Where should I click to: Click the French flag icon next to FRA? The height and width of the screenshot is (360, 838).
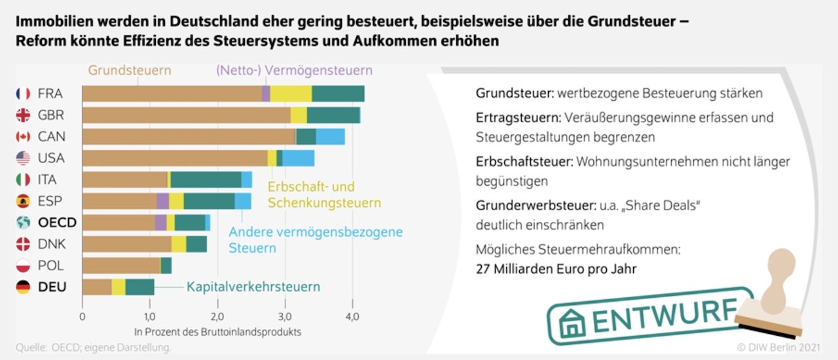tap(23, 94)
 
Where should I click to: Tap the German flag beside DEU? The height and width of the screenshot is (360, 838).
tap(23, 287)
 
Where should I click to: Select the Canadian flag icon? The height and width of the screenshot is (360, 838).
tap(23, 137)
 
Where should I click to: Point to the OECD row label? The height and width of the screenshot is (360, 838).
tap(57, 223)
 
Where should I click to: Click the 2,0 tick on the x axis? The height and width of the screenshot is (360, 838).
tap(217, 317)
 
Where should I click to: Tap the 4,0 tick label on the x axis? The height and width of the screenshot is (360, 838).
tap(352, 317)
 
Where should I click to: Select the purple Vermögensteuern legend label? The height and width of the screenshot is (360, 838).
tap(293, 70)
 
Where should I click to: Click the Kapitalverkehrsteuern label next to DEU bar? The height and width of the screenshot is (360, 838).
tap(253, 287)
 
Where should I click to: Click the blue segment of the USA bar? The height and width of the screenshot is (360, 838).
tap(298, 158)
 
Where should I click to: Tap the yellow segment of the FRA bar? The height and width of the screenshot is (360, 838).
tap(291, 94)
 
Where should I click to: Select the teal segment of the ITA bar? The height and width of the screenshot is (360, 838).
tap(206, 179)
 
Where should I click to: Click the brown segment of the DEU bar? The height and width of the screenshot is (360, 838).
tap(97, 287)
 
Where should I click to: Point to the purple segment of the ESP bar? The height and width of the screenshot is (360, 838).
tap(162, 201)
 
